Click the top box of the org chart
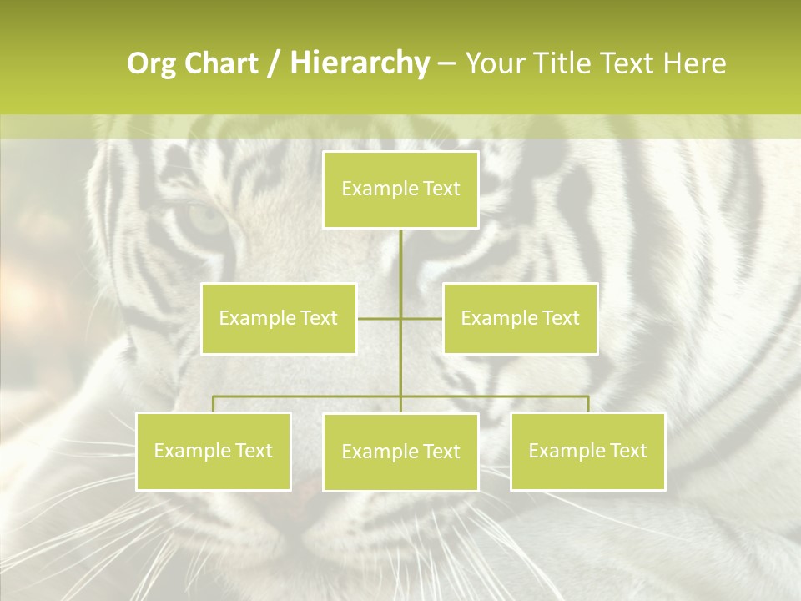[400, 189]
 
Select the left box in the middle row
[279, 318]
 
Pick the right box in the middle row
[520, 318]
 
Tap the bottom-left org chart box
[214, 451]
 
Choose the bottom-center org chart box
[400, 452]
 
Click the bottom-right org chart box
[587, 451]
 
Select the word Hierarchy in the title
[359, 64]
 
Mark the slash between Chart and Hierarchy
[274, 64]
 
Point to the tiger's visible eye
[208, 219]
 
